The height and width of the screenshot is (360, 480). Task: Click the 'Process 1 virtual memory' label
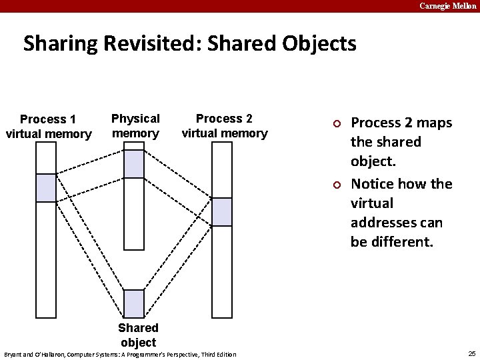pos(48,127)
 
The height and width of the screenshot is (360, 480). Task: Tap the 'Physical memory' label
pos(135,125)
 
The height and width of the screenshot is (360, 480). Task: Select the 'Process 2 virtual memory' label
pos(224,125)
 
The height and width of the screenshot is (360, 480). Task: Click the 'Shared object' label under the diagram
pos(138,335)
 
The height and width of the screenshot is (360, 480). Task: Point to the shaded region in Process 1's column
pos(46,187)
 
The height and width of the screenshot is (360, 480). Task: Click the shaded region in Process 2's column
pos(222,212)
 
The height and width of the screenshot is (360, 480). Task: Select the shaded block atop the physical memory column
pos(134,164)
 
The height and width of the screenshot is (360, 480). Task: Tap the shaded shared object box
pos(134,304)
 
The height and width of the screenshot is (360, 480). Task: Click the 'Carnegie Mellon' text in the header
pos(448,6)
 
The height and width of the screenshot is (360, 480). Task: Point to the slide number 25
pos(472,353)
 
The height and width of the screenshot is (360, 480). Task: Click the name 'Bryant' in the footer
pos(13,354)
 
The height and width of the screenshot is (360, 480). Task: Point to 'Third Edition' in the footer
pos(219,354)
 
